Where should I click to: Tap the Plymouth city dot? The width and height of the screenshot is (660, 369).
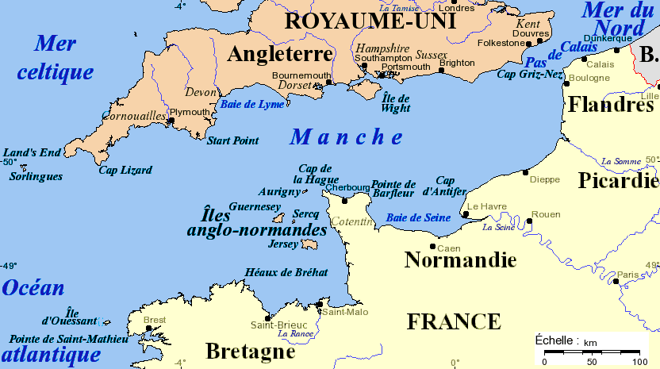[171, 121]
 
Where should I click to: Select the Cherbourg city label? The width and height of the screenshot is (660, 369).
[347, 187]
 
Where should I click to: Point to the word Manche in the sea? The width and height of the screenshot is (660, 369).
[347, 137]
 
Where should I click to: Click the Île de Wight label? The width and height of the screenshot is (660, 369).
[395, 102]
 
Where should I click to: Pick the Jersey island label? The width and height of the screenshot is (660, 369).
[284, 244]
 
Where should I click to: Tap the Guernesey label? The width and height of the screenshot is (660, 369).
[255, 206]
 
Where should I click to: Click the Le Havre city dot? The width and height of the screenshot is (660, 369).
[466, 213]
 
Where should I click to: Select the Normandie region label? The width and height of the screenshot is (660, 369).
[460, 259]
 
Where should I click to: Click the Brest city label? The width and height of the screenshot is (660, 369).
[155, 320]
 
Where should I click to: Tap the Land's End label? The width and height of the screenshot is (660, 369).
[32, 152]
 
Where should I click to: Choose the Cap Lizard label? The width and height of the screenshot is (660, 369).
[125, 170]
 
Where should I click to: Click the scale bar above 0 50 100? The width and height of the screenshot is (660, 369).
[591, 350]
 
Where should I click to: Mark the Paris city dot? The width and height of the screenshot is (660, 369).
[615, 280]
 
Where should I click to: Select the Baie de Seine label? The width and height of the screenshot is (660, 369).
[418, 217]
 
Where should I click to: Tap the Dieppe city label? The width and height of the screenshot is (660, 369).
[544, 179]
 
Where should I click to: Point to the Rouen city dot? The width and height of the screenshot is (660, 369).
[529, 221]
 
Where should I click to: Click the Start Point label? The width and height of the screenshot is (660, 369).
[232, 140]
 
